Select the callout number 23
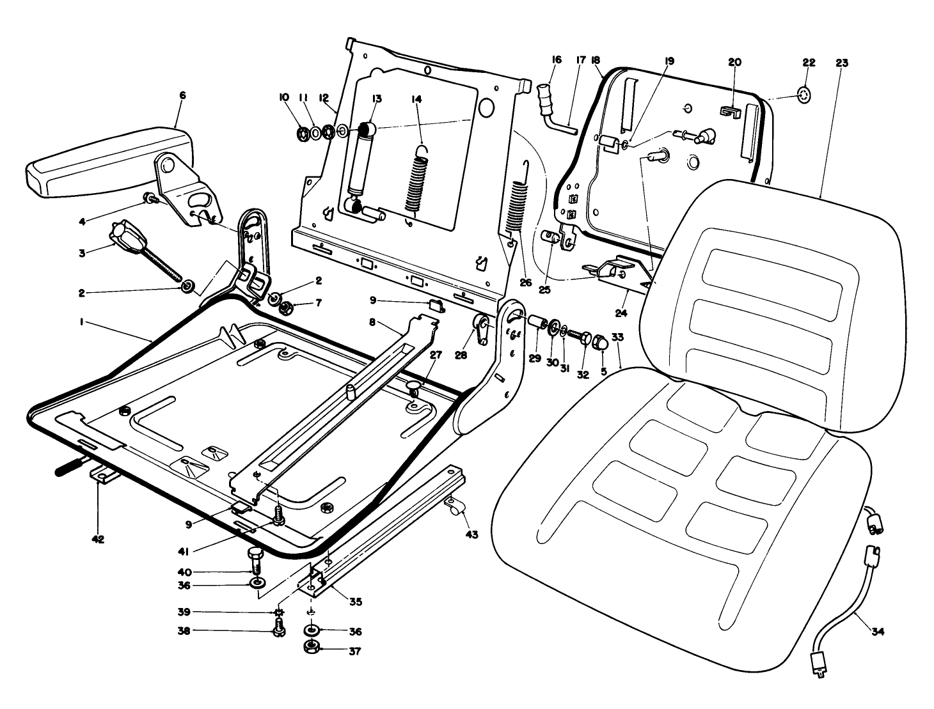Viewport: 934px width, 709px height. pyautogui.click(x=841, y=63)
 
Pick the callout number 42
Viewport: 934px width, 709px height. pyautogui.click(x=97, y=539)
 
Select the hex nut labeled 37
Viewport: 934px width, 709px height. pyautogui.click(x=311, y=649)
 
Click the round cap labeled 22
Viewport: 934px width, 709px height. pyautogui.click(x=804, y=96)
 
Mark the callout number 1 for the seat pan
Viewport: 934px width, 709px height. pyautogui.click(x=81, y=323)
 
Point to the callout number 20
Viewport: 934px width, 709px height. pyautogui.click(x=734, y=62)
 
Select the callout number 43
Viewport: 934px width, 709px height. pyautogui.click(x=471, y=534)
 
